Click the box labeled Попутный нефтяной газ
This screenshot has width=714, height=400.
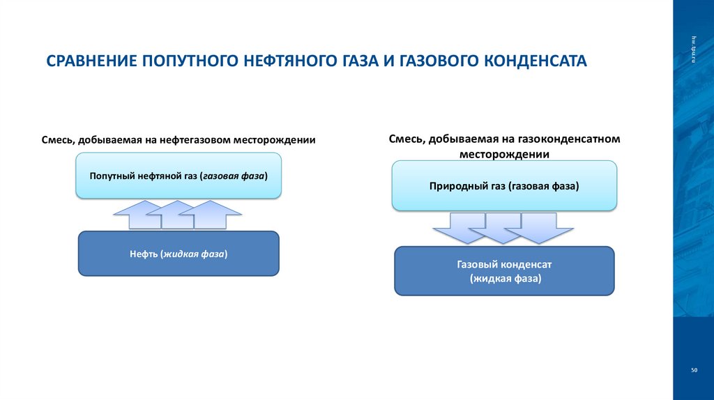pyautogui.click(x=178, y=176)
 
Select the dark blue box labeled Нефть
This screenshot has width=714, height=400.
pyautogui.click(x=178, y=254)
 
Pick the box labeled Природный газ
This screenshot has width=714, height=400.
pyautogui.click(x=504, y=186)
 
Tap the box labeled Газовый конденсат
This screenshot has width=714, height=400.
pyautogui.click(x=504, y=270)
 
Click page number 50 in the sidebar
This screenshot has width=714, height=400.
pyautogui.click(x=694, y=369)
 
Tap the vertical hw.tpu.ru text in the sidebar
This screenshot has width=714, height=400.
pyautogui.click(x=694, y=50)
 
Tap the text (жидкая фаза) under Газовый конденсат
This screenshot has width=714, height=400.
pyautogui.click(x=506, y=278)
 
